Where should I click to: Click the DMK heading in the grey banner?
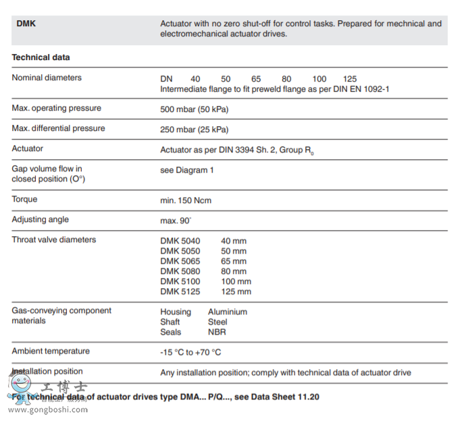pyautogui.click(x=26, y=24)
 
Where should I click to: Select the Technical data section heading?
pyautogui.click(x=41, y=57)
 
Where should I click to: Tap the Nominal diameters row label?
pyautogui.click(x=47, y=78)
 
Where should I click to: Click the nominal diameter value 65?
pyautogui.click(x=256, y=79)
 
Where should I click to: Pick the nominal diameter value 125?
pyautogui.click(x=350, y=79)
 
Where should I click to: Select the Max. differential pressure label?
pyautogui.click(x=58, y=128)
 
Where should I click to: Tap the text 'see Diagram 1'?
pyautogui.click(x=187, y=170)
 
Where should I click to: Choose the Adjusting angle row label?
pyautogui.click(x=40, y=219)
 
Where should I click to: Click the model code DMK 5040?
pyautogui.click(x=180, y=241)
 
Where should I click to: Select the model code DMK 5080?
pyautogui.click(x=180, y=271)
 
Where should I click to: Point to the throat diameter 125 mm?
pyautogui.click(x=236, y=291)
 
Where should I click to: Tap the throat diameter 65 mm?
pyautogui.click(x=234, y=261)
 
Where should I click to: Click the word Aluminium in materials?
pyautogui.click(x=228, y=312)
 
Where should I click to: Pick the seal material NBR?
pyautogui.click(x=217, y=332)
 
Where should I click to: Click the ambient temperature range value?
pyautogui.click(x=190, y=352)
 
